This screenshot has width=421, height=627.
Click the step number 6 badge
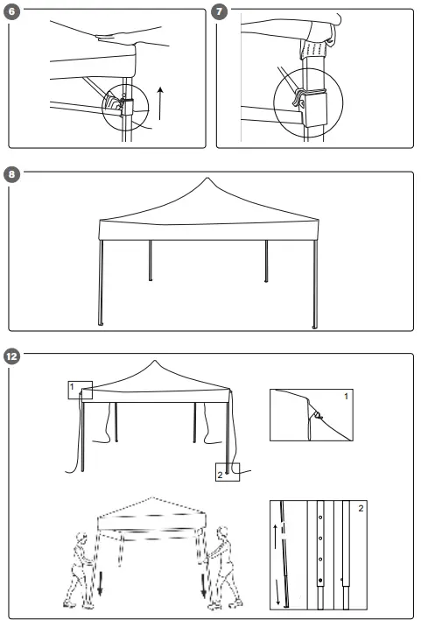click(11, 14)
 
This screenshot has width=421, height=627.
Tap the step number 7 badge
click(220, 14)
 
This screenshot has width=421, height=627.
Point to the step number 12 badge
click(11, 357)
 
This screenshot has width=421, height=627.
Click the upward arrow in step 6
click(159, 102)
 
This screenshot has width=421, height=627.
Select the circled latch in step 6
click(122, 103)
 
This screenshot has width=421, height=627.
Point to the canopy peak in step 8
click(207, 181)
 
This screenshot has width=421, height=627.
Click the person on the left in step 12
click(81, 569)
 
